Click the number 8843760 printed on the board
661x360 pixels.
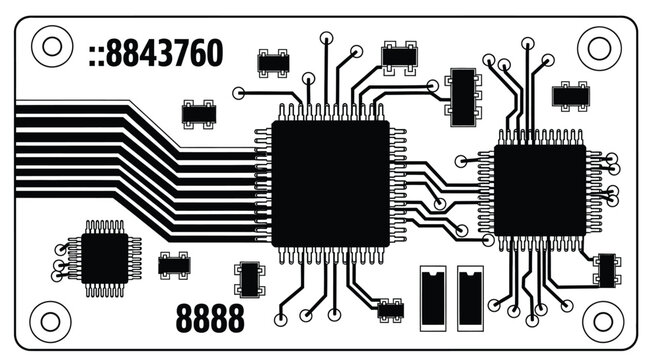[x=166, y=54]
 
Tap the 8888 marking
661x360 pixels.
[x=210, y=319]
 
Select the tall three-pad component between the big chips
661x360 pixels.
[x=462, y=96]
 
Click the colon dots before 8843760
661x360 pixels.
[x=95, y=55]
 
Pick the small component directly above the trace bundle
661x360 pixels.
[x=197, y=113]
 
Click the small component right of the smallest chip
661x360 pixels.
[x=174, y=265]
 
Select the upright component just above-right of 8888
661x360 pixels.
[x=248, y=279]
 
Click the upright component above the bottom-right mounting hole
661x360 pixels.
[x=604, y=269]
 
